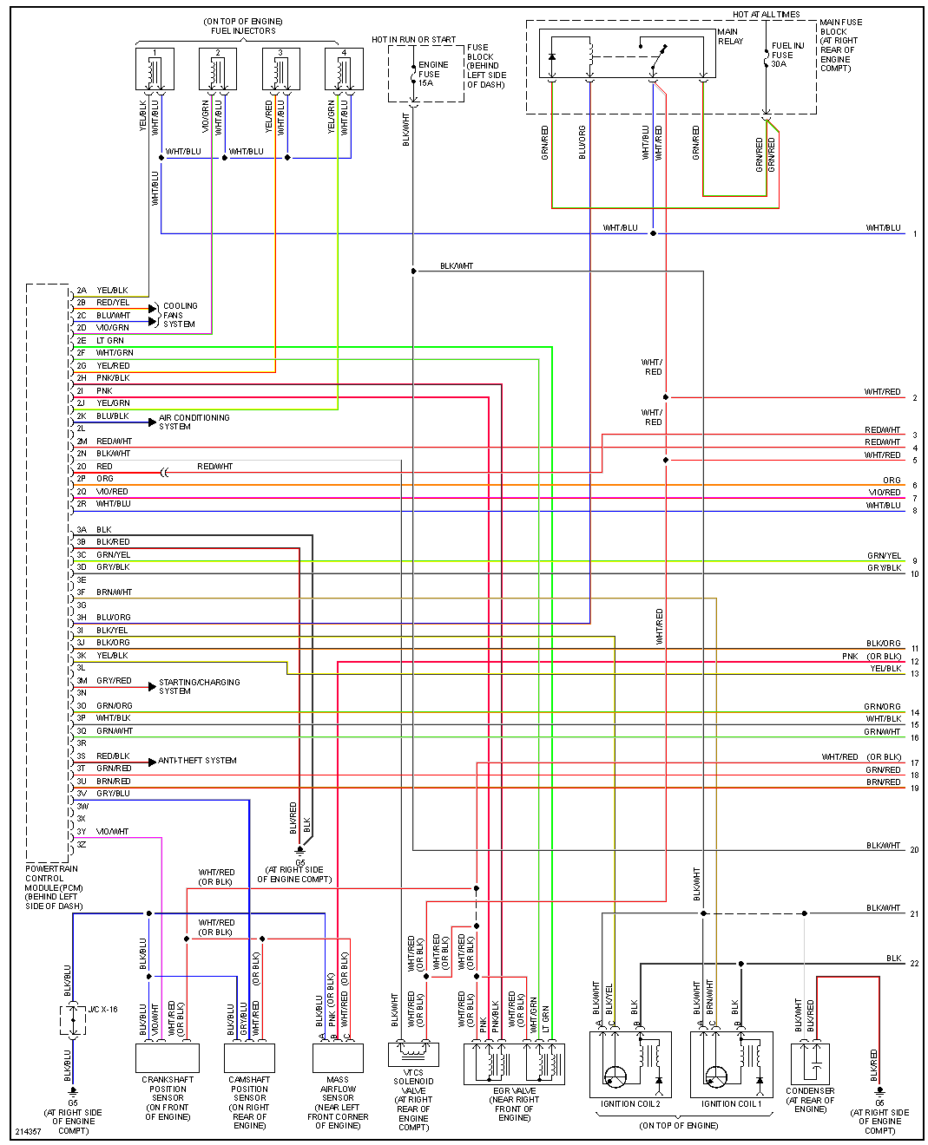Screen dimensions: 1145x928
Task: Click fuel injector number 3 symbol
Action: [x=280, y=69]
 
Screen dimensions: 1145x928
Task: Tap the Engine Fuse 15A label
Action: [x=433, y=74]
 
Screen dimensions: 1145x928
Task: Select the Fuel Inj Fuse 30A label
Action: [x=787, y=55]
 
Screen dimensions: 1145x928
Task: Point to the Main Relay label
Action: [x=729, y=36]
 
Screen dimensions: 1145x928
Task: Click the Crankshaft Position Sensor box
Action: [x=168, y=1057]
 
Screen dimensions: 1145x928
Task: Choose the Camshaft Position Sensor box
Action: [x=249, y=1057]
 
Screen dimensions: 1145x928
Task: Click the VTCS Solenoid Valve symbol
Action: [x=413, y=1053]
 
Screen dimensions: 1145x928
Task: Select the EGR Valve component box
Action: [x=514, y=1063]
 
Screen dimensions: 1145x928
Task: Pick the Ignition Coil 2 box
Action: [x=630, y=1064]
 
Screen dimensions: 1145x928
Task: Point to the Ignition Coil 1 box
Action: [x=731, y=1064]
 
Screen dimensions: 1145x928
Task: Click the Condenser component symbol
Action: [x=810, y=1063]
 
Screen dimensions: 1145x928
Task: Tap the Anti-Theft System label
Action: [x=197, y=761]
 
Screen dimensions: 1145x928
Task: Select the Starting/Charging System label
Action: [x=199, y=686]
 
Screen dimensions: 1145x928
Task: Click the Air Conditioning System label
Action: [x=194, y=422]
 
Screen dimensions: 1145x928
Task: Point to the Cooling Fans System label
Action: [x=180, y=315]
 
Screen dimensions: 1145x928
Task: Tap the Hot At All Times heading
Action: [x=766, y=15]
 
